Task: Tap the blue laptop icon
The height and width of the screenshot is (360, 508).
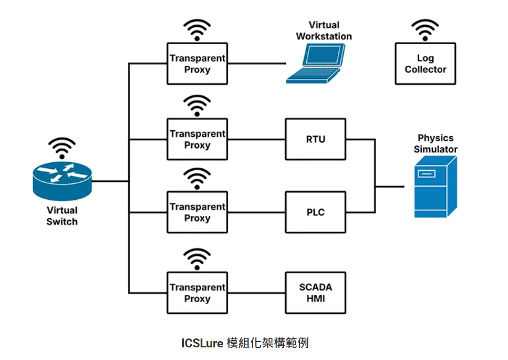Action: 317,63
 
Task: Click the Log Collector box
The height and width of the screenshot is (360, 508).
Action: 425,64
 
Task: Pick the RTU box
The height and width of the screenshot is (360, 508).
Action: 316,139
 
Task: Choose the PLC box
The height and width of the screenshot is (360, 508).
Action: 316,212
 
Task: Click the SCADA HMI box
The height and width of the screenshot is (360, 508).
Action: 316,293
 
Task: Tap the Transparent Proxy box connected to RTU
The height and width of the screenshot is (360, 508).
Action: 198,139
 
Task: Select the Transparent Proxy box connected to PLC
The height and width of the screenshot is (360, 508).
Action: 198,212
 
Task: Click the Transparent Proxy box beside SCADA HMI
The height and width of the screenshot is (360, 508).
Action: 198,293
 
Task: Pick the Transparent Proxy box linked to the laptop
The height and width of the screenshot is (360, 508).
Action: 198,64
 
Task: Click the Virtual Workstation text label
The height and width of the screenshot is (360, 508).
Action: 324,30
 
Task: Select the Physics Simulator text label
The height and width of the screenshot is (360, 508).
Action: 436,143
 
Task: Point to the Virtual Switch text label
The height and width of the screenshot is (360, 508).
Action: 62,216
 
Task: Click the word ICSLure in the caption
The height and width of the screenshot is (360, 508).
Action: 202,343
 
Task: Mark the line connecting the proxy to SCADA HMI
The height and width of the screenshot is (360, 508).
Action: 256,293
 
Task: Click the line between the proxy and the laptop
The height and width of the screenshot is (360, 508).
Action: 256,64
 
